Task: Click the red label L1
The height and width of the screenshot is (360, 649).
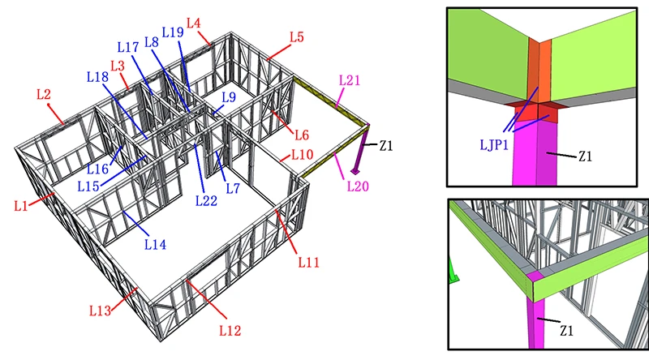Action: tap(21, 206)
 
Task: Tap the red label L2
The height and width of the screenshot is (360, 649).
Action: tap(44, 94)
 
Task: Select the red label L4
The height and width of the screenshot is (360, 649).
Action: tap(194, 23)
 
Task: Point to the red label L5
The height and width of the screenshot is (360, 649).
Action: tap(296, 36)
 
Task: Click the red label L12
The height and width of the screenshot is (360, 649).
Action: tap(230, 330)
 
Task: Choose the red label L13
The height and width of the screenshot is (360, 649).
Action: tap(100, 311)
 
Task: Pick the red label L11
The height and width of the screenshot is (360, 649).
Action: tap(309, 262)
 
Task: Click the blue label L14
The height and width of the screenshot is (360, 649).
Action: tap(155, 245)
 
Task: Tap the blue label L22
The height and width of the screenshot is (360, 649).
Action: tap(206, 201)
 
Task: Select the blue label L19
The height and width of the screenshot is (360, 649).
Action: tap(173, 32)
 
